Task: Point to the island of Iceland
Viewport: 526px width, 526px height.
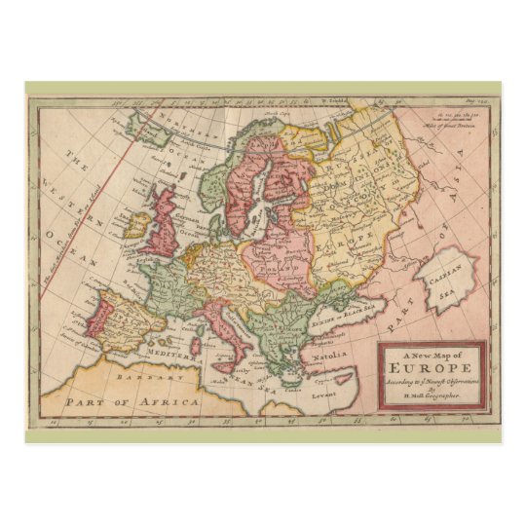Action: tap(142, 122)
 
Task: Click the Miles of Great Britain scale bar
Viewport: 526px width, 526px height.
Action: tap(454, 124)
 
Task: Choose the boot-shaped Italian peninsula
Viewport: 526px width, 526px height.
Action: tap(228, 331)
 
